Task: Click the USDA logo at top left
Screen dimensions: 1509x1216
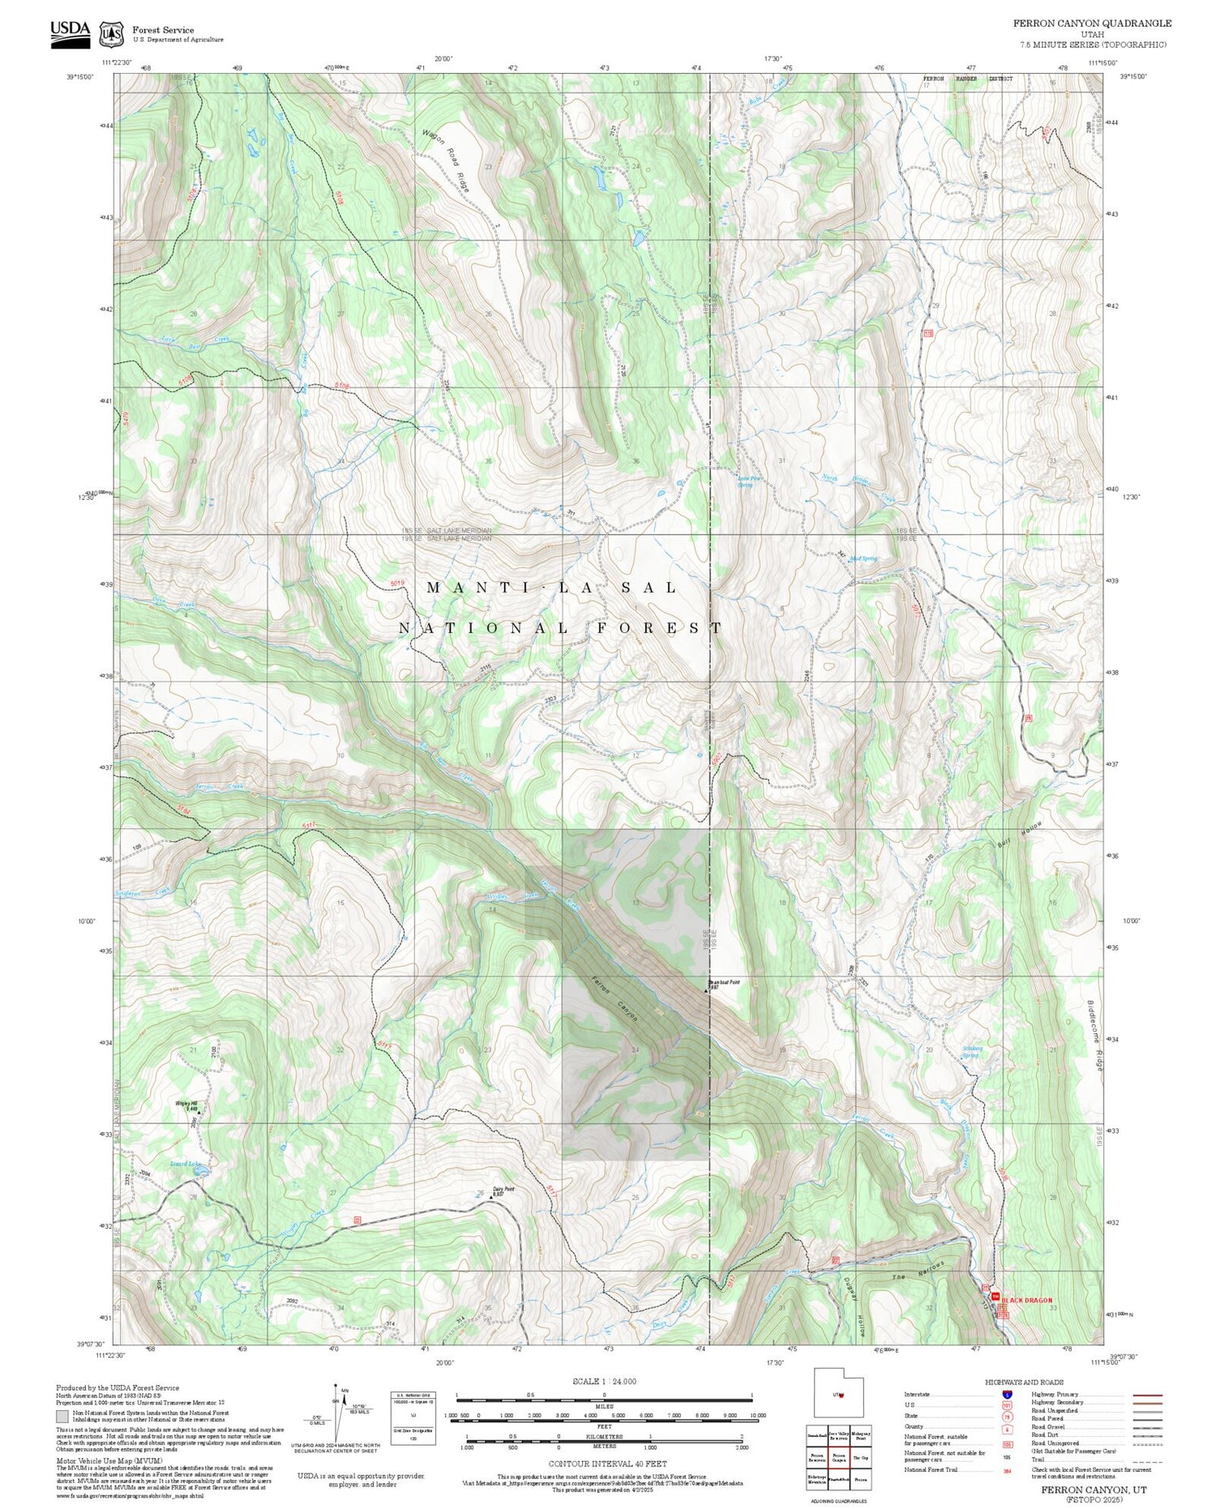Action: (x=71, y=33)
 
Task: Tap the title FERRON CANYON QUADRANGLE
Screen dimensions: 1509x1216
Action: (x=1092, y=24)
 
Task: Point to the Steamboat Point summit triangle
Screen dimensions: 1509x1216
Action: (x=706, y=990)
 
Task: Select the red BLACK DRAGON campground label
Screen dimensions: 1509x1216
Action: (x=1026, y=1300)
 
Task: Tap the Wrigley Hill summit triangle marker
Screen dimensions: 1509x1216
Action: (x=199, y=1113)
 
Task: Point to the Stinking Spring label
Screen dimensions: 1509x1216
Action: (x=971, y=1052)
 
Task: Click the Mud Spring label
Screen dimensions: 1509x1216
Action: (x=864, y=558)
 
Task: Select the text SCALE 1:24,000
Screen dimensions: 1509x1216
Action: (x=604, y=1381)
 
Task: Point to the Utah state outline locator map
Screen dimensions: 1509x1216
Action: (x=839, y=1393)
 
